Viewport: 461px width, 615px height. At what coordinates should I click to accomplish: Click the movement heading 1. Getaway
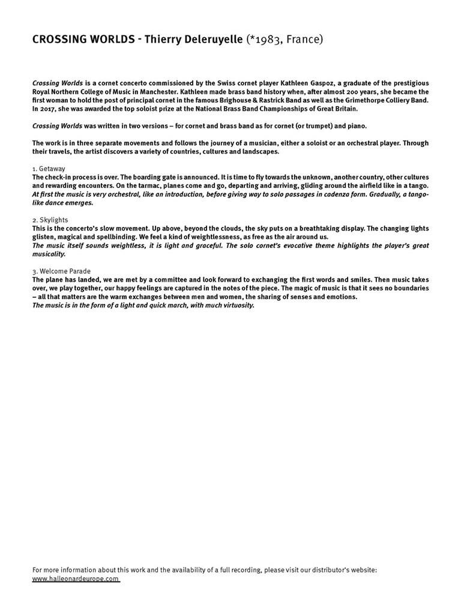(x=49, y=169)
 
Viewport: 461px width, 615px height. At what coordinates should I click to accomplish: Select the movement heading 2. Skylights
(x=50, y=220)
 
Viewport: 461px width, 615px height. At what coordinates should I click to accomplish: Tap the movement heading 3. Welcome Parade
(x=61, y=271)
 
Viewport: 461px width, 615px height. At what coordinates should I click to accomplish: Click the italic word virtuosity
(x=235, y=305)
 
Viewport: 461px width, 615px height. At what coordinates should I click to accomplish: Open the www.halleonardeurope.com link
(x=76, y=579)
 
